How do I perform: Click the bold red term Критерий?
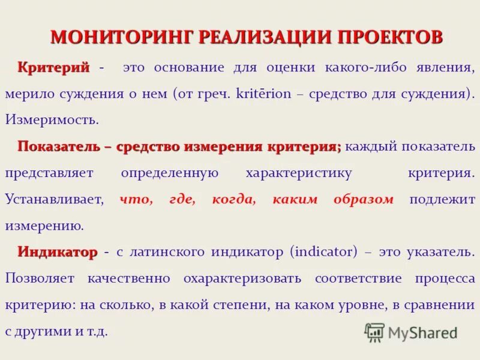click(54, 67)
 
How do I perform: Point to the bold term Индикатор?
click(58, 252)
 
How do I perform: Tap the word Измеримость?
click(52, 119)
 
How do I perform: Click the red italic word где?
click(182, 199)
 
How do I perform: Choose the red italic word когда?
click(233, 199)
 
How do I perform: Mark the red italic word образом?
click(364, 199)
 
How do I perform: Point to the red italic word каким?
click(295, 199)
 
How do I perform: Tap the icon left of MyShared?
click(374, 332)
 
